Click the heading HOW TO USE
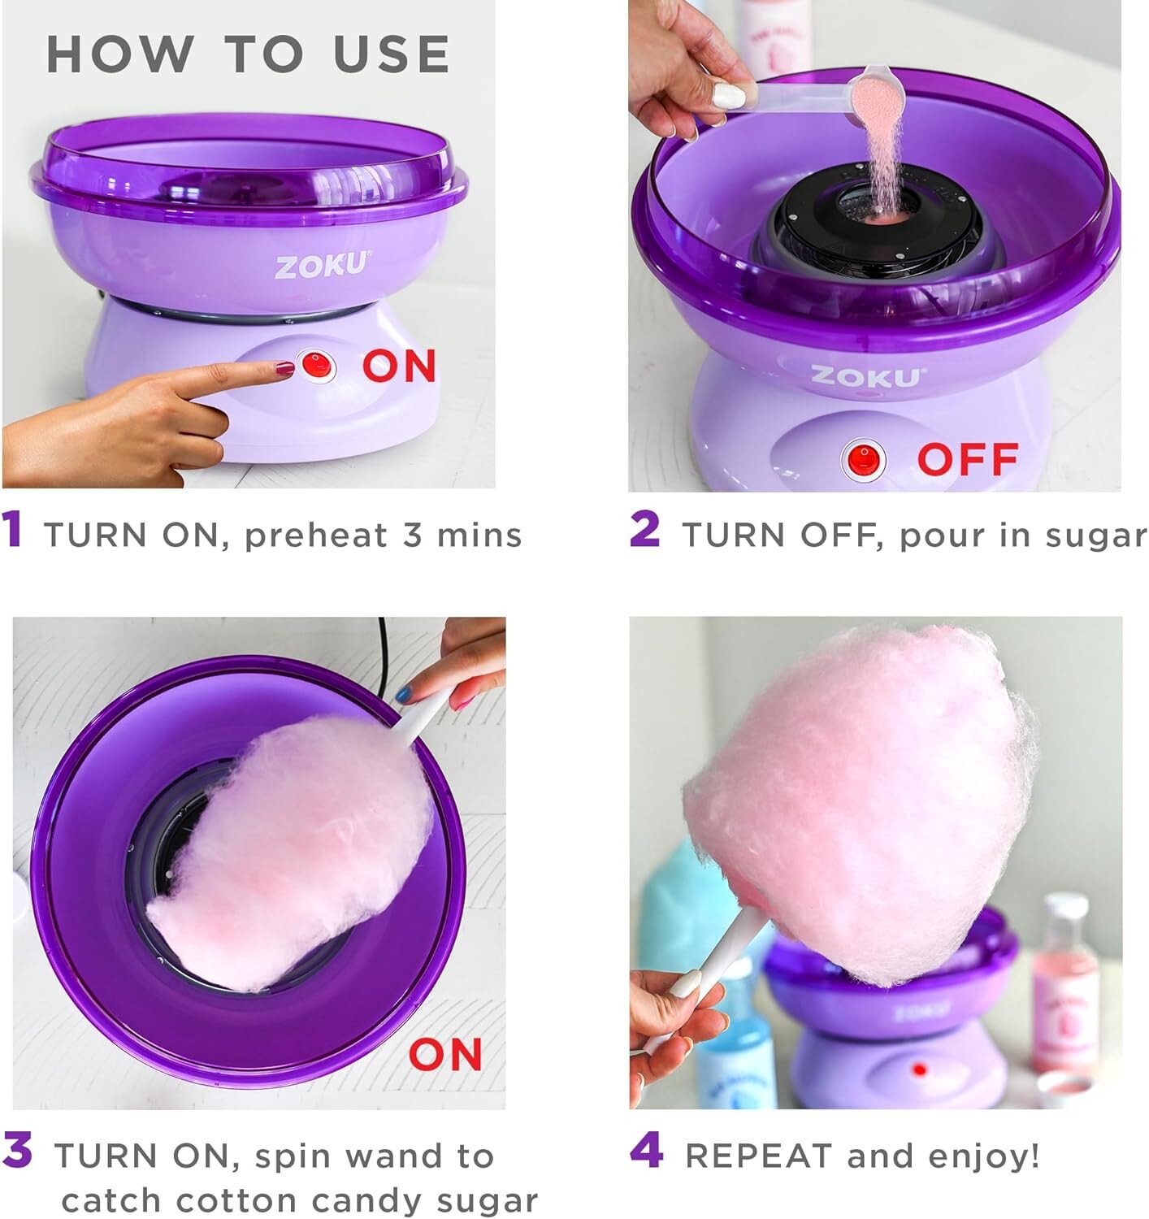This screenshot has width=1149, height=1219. (x=248, y=54)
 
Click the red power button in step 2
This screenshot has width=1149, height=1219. (x=864, y=458)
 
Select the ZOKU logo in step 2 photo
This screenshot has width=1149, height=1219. (x=866, y=376)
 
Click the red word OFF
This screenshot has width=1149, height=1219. (x=967, y=459)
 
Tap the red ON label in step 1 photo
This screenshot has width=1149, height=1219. (x=399, y=366)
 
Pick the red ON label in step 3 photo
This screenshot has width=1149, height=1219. (x=445, y=1055)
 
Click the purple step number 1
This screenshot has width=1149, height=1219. (x=13, y=530)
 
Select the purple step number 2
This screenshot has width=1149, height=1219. (x=644, y=530)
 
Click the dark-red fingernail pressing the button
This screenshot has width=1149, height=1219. (x=284, y=369)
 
